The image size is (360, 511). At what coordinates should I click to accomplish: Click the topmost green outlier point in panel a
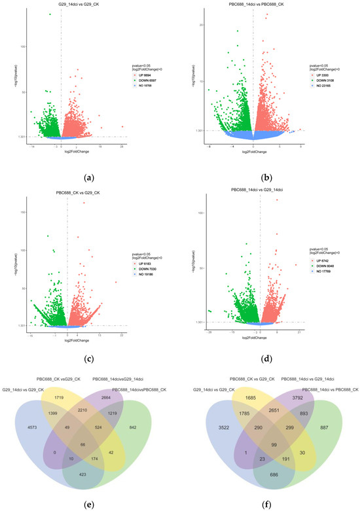click(x=50, y=14)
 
